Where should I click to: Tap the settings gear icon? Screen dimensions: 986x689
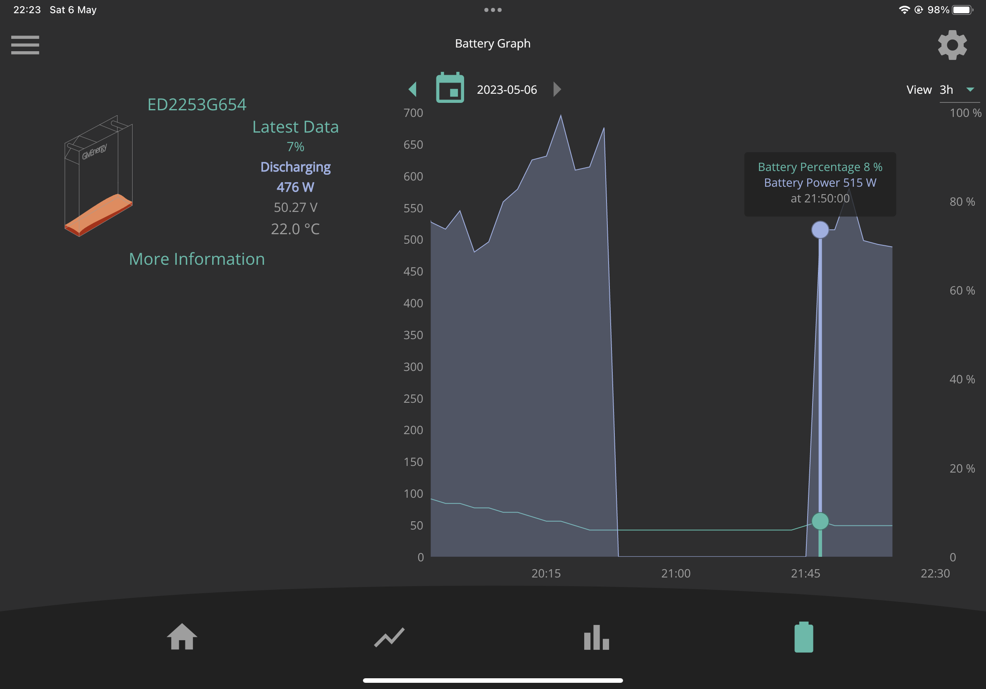coord(952,45)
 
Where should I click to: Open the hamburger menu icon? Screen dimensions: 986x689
coord(25,45)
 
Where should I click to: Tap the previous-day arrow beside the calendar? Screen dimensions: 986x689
coord(413,89)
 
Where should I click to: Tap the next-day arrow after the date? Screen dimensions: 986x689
coord(557,89)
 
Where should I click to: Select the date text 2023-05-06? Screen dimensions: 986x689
coord(507,90)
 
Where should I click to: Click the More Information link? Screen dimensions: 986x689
coord(197,259)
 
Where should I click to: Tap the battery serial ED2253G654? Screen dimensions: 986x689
coord(197,105)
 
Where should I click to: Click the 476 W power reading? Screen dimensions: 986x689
coord(296,187)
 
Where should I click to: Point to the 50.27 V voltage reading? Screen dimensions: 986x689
coord(296,207)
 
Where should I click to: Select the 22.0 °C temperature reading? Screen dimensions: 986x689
coord(296,229)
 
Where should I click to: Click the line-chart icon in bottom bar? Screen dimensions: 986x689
coord(389,637)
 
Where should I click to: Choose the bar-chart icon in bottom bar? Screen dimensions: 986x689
coord(597,637)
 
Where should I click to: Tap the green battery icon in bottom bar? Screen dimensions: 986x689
coord(804,637)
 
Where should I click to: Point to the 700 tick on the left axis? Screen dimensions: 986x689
coord(413,113)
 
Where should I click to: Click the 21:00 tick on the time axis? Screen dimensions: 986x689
coord(676,573)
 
